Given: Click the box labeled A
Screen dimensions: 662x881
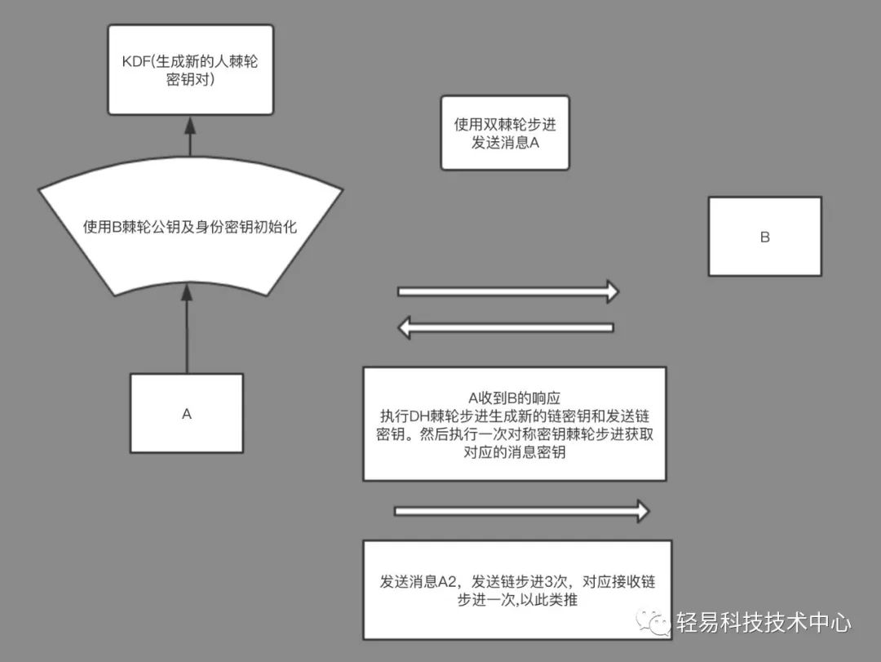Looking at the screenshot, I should click(187, 413).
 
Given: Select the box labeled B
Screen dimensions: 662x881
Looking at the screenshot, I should click(764, 237).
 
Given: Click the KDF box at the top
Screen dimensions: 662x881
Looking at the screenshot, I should click(190, 69).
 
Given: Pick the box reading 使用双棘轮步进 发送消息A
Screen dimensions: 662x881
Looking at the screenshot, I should click(504, 133).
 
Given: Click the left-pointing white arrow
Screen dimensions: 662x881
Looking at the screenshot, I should click(506, 327).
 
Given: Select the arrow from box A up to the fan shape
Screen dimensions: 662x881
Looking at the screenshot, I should click(188, 327).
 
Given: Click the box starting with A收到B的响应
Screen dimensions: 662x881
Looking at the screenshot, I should click(514, 423).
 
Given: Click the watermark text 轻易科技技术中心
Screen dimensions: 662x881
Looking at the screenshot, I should click(764, 624).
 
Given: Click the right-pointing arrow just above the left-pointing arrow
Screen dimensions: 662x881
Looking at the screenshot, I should click(507, 291).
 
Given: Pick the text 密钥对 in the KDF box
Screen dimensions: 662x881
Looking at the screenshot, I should click(190, 82).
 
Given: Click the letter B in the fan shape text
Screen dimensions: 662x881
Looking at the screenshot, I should click(116, 228).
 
